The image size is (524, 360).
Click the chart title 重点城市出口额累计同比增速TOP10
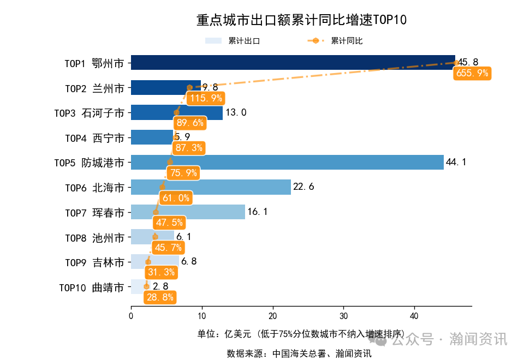pos(301,20)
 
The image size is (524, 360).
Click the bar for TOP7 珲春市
pos(207,212)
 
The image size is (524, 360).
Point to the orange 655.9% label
pos(472,74)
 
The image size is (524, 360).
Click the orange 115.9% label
pos(205,99)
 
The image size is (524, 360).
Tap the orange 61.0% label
pos(176,198)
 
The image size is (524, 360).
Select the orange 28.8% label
pos(160,297)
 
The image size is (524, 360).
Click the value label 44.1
pos(456,162)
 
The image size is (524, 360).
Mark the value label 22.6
pos(303,187)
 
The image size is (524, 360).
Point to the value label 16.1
pos(258,212)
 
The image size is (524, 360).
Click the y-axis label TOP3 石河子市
pos(89,113)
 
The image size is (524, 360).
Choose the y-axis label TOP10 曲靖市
pos(91,287)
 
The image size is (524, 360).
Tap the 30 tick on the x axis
pos(344,316)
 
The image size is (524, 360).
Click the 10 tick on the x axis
pos(202,316)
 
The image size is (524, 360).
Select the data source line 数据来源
pos(299,353)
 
